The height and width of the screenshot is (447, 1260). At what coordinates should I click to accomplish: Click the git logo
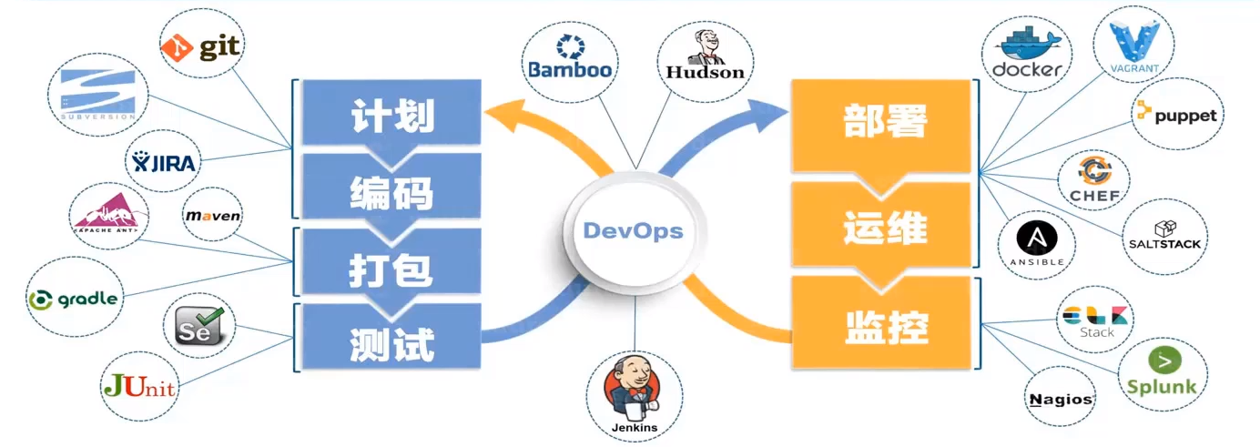[x=201, y=47]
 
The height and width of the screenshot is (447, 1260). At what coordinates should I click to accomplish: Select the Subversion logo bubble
[x=98, y=95]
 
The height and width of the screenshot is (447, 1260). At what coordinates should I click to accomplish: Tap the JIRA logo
[x=163, y=162]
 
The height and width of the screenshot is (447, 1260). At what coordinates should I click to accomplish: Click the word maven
[x=213, y=216]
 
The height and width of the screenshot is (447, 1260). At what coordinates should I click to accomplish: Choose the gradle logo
[x=74, y=300]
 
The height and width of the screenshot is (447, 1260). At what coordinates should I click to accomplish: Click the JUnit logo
[x=139, y=386]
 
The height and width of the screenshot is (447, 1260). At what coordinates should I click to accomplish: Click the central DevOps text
[x=633, y=231]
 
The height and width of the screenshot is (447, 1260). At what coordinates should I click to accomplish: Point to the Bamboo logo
[x=570, y=58]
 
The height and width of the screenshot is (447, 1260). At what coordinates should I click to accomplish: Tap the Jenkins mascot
[x=634, y=388]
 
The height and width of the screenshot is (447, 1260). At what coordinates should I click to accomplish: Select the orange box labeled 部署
[x=881, y=126]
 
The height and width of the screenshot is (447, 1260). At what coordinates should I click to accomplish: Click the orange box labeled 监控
[x=881, y=323]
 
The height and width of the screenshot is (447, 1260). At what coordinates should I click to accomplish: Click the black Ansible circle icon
[x=1037, y=239]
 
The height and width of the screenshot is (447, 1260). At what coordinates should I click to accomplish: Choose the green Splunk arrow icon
[x=1164, y=361]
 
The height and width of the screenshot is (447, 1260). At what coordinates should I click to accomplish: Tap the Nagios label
[x=1061, y=400]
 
